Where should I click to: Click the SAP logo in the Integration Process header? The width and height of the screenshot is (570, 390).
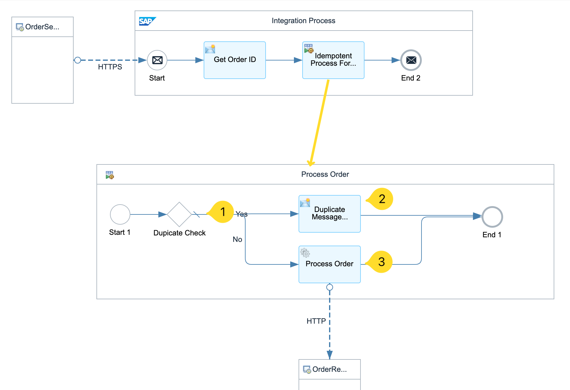147,21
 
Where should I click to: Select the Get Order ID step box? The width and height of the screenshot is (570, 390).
235,60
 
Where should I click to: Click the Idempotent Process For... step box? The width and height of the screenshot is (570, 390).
333,60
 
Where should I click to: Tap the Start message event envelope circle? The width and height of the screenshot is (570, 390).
157,60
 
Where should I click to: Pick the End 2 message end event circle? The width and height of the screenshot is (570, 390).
411,60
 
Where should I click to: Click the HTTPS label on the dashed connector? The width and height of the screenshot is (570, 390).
110,67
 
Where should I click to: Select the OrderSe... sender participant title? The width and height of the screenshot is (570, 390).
42,27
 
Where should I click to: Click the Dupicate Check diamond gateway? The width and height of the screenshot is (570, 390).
179,214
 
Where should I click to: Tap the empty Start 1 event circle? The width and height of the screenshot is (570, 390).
120,214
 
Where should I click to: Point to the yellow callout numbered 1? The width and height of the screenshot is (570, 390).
222,212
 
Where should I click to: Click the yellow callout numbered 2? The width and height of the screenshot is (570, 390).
382,199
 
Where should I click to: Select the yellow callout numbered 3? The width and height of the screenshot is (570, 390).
381,262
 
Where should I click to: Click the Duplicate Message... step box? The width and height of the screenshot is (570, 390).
329,214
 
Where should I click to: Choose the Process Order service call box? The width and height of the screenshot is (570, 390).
329,264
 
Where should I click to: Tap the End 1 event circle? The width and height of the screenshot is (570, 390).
492,217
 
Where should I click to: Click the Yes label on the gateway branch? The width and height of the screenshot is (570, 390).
242,214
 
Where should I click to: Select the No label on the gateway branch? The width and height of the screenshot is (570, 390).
237,239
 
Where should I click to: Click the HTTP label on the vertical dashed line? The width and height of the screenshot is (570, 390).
316,321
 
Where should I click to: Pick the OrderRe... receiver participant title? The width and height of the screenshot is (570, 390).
329,369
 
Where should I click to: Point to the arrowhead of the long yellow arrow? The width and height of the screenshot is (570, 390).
311,164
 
